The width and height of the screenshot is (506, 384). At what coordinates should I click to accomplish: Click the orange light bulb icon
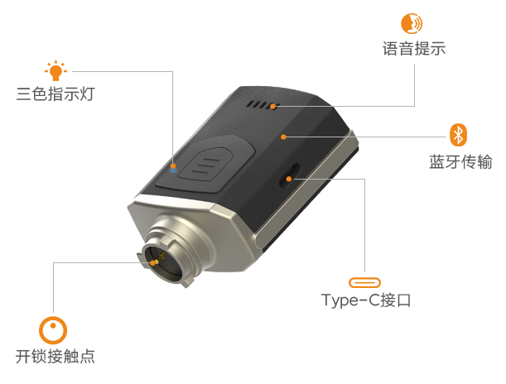point(55,70)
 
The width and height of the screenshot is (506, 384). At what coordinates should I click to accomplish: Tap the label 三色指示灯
point(55,94)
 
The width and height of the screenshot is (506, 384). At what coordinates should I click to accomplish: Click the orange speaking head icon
point(412,23)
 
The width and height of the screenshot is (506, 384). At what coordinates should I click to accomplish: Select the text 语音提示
point(414,49)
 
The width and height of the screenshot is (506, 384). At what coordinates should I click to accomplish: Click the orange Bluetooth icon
point(458,135)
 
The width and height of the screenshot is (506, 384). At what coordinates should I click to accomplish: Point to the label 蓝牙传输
point(460,161)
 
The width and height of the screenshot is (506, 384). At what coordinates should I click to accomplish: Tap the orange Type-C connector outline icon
point(364,283)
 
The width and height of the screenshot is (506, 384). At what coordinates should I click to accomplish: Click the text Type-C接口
point(366,300)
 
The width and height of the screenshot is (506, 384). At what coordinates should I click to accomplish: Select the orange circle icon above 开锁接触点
point(53,330)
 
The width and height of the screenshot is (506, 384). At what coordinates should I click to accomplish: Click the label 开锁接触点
point(55,356)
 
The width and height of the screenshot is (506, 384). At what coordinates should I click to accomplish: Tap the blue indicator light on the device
point(173,170)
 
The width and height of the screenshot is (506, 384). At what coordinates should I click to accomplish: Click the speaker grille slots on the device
point(262,105)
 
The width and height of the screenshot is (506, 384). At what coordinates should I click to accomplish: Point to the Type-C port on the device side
point(289,176)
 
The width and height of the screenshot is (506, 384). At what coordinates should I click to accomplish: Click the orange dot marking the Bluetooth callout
point(283,137)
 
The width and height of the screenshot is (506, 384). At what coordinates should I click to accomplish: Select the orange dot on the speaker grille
point(273,106)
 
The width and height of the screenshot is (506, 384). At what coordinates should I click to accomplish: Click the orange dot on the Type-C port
point(289,179)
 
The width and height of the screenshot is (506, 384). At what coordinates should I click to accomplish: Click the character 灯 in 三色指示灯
point(88,94)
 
